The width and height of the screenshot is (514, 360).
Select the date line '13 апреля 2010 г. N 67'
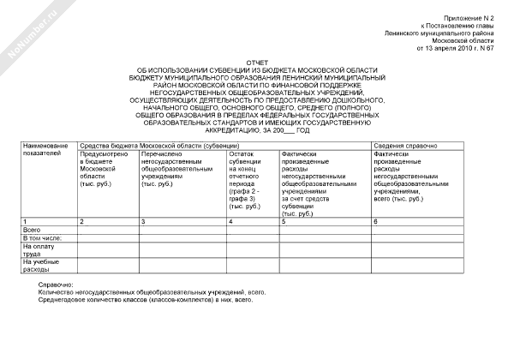tap(455, 48)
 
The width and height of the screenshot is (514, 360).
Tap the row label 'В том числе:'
tap(42, 237)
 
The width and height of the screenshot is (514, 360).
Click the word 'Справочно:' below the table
tap(57, 284)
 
